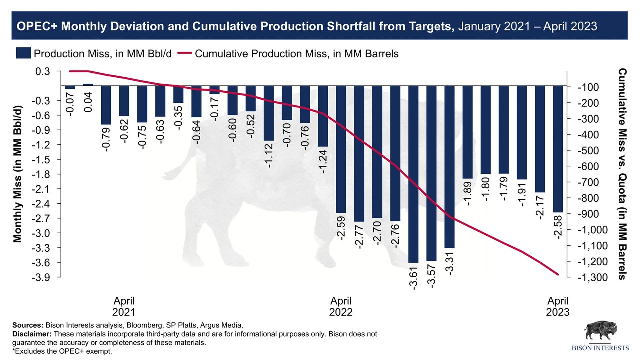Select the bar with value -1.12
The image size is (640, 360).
pyautogui.click(x=269, y=113)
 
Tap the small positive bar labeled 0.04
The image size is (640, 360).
pyautogui.click(x=88, y=85)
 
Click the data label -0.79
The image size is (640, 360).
pyautogui.click(x=106, y=139)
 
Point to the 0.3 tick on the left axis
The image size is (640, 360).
pyautogui.click(x=43, y=71)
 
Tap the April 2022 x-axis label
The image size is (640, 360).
pyautogui.click(x=341, y=306)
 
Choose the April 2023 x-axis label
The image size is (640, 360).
pyautogui.click(x=558, y=306)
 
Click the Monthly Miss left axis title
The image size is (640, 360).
pyautogui.click(x=18, y=174)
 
